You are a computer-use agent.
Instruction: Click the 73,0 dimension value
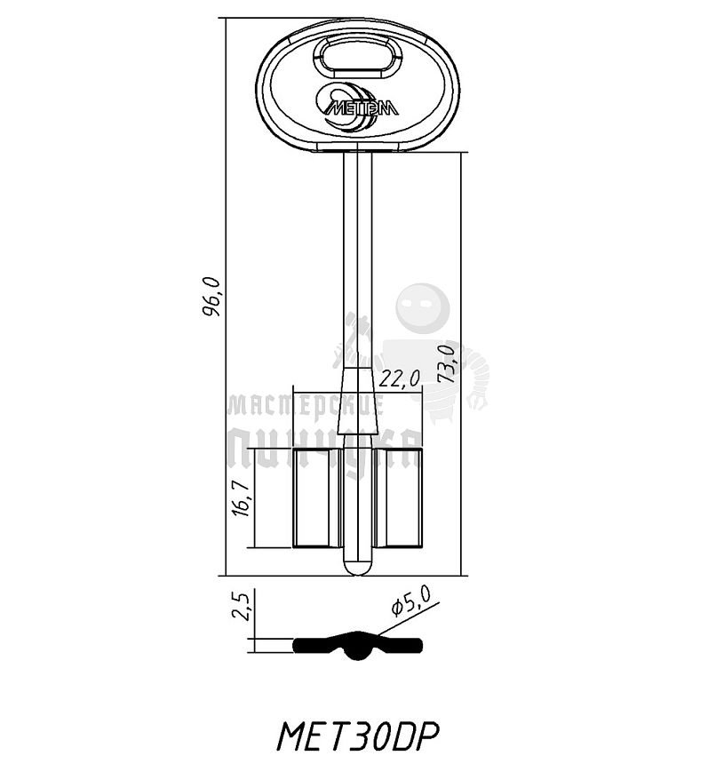[449, 362]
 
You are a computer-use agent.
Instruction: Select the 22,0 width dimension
[399, 378]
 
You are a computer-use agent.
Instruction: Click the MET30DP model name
[359, 736]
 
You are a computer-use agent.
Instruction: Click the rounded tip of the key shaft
[358, 566]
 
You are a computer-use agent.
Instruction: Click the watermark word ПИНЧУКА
[324, 448]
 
